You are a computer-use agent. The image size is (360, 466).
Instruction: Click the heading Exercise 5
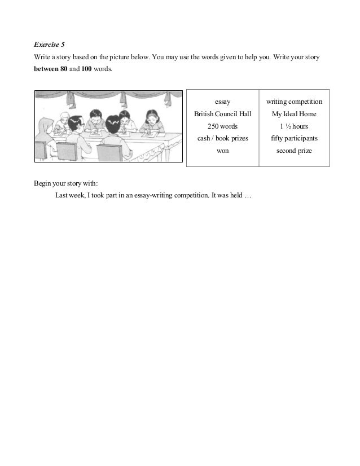point(48,43)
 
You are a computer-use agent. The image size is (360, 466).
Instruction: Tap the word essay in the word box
point(222,102)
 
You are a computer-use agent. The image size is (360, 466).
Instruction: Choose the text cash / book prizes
point(222,139)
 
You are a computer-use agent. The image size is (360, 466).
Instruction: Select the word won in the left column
point(222,151)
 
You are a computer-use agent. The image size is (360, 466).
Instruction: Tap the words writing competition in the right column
point(294,102)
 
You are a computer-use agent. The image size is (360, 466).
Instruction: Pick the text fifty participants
point(294,139)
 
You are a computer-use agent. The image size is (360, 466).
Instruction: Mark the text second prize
point(294,151)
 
